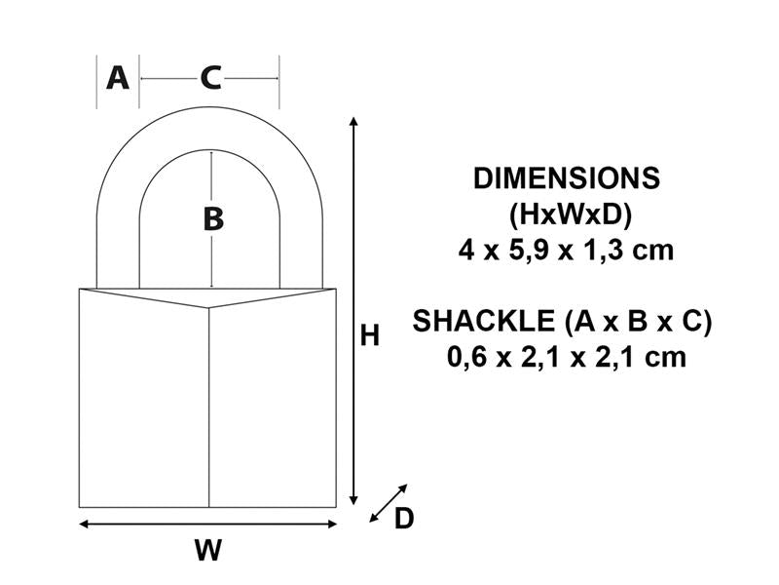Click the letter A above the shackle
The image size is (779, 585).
click(x=118, y=77)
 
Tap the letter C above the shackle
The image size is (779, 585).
click(x=210, y=77)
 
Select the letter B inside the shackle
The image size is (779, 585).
click(x=212, y=219)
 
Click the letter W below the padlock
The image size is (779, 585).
click(x=207, y=551)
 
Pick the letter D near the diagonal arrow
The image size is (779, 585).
click(x=403, y=520)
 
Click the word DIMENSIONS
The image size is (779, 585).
click(x=566, y=178)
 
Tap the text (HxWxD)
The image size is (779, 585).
click(x=566, y=214)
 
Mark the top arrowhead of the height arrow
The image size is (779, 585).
click(x=354, y=121)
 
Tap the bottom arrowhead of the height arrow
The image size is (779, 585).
click(x=354, y=499)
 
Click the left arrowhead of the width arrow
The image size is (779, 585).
click(x=84, y=525)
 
